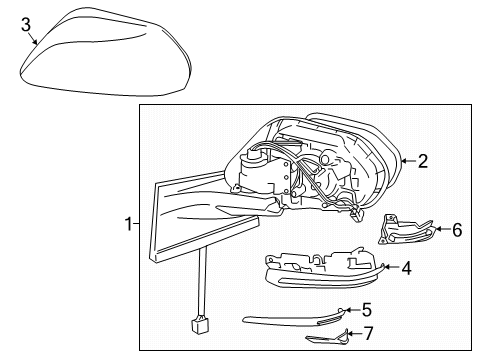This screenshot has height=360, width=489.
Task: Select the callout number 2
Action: coord(423,160)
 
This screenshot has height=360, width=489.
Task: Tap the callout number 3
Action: coord(26,24)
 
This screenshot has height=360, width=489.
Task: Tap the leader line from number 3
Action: coord(35,40)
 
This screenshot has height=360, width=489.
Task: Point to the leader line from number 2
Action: coord(407,161)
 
